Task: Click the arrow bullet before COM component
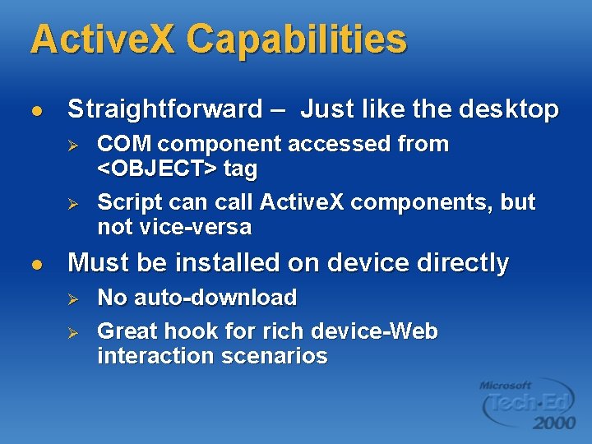[72, 145]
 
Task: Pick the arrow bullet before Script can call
[72, 202]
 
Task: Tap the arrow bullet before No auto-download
[72, 298]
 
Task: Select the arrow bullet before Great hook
[72, 332]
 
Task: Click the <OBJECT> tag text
[177, 169]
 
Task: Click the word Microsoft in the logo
[506, 385]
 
